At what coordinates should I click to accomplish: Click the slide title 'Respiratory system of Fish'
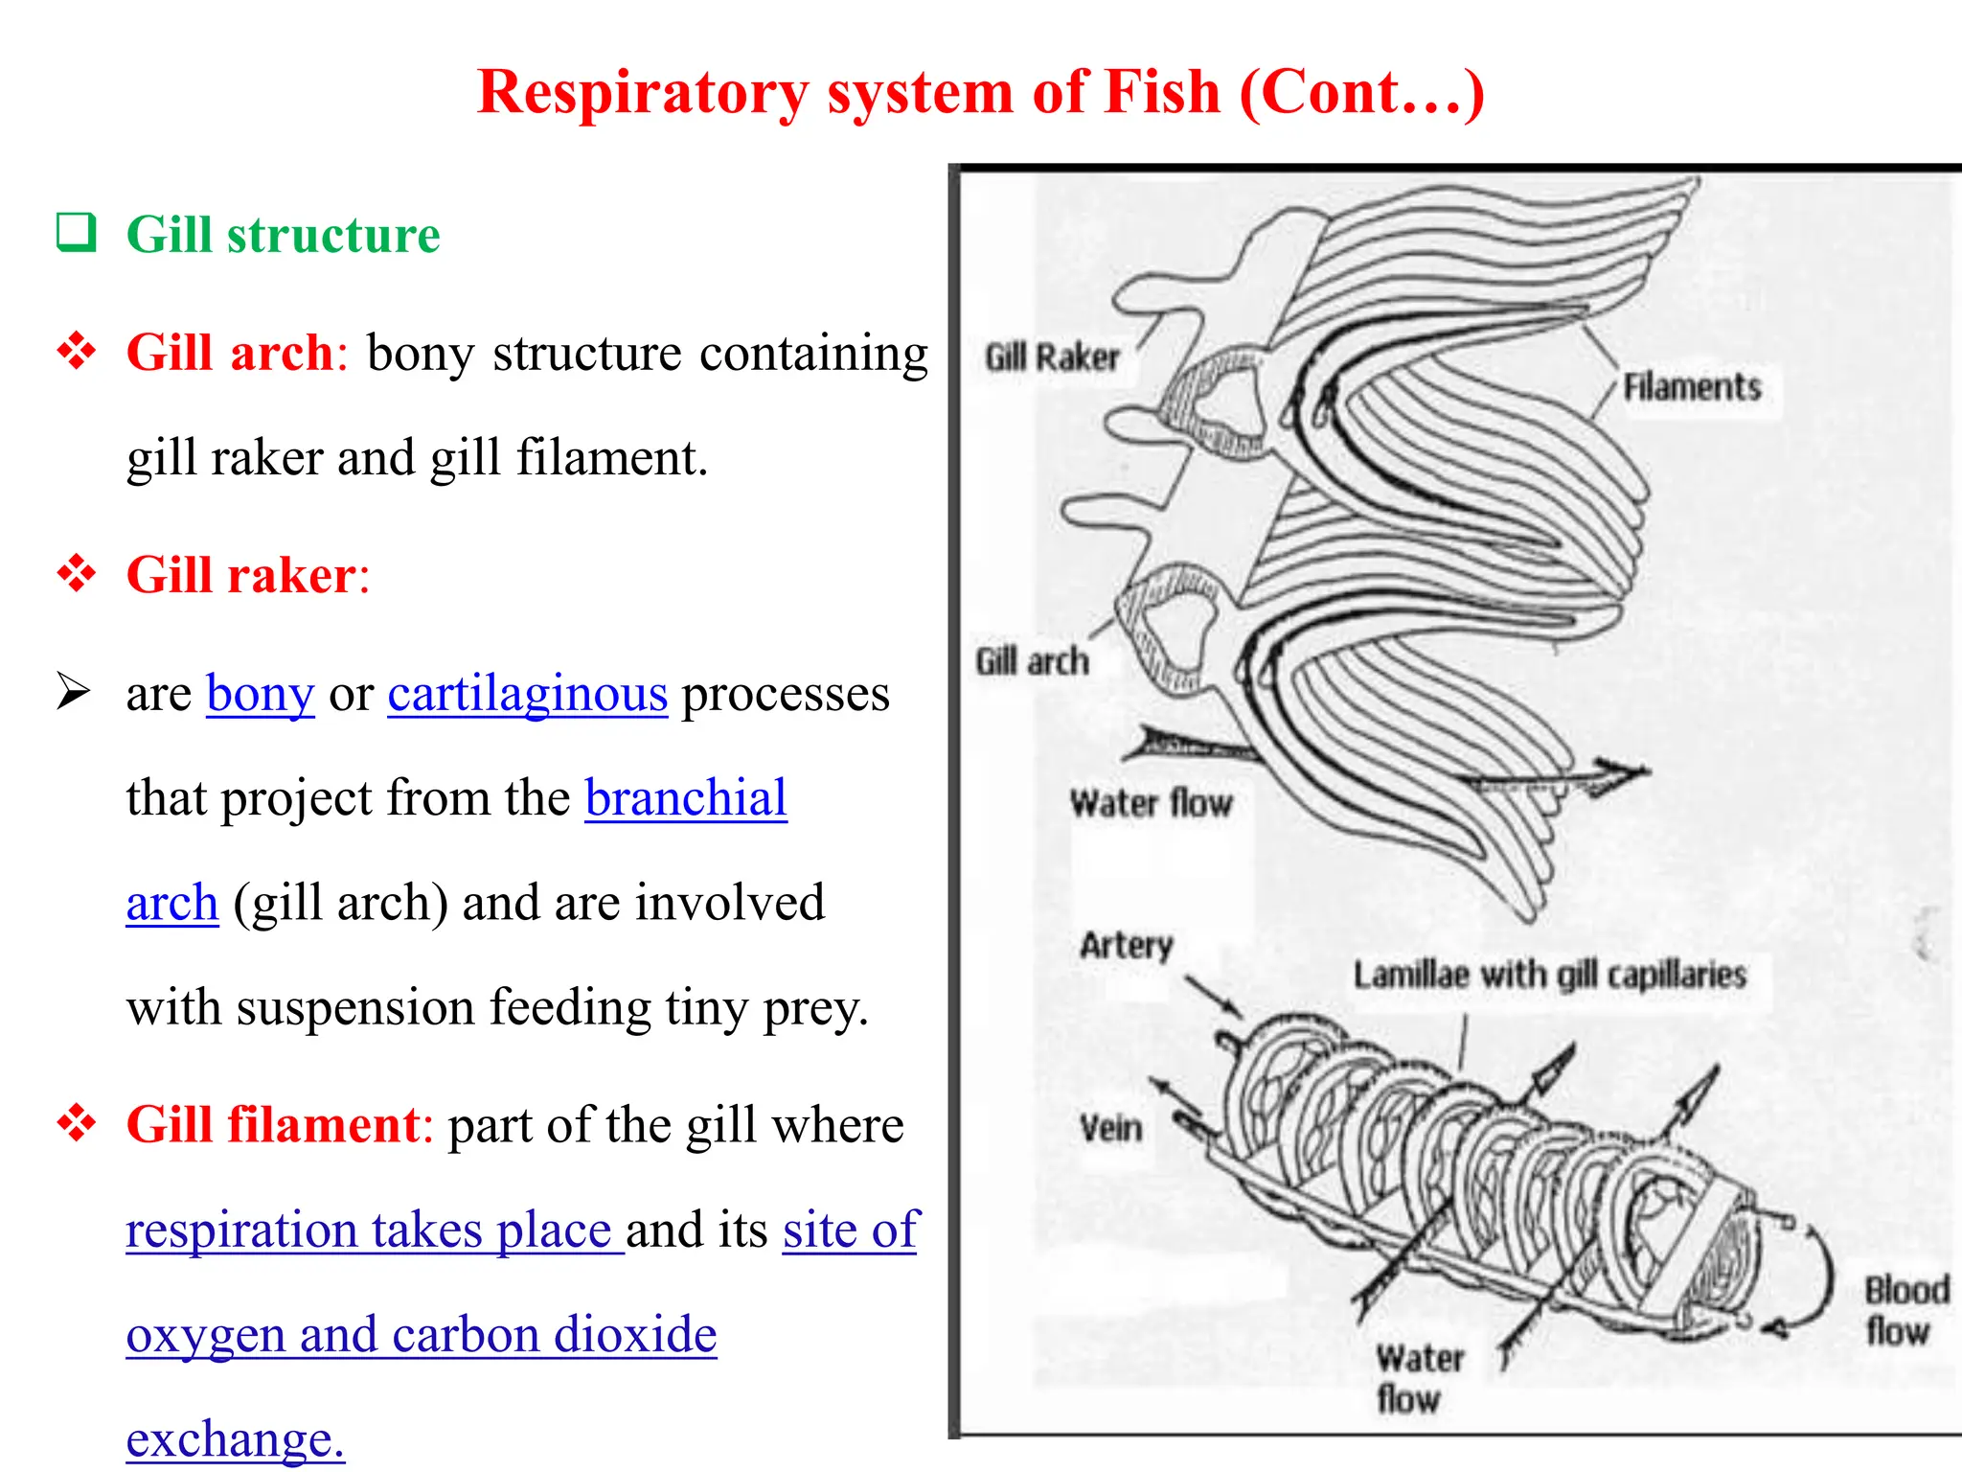coord(979,93)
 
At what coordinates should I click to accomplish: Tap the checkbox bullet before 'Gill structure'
coord(77,233)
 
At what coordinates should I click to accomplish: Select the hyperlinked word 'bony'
coord(260,694)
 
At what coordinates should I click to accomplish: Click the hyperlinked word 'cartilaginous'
coord(527,694)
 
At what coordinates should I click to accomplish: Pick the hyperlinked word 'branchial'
coord(686,798)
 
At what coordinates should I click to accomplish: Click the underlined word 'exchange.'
coord(235,1438)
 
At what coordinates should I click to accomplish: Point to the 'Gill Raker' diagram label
coord(1052,357)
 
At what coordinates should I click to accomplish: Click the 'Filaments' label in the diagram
coord(1692,387)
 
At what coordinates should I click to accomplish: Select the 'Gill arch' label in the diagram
coord(1033,661)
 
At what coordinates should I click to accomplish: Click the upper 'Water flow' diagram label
coord(1151,803)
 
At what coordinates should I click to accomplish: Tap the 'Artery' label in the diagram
coord(1127,945)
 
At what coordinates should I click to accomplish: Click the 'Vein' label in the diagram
coord(1111,1128)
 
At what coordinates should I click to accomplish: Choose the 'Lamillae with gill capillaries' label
coord(1549,976)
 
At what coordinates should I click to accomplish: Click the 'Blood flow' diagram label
coord(1904,1310)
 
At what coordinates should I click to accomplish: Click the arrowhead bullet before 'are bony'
coord(73,692)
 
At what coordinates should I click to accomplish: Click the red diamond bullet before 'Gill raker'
coord(77,574)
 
